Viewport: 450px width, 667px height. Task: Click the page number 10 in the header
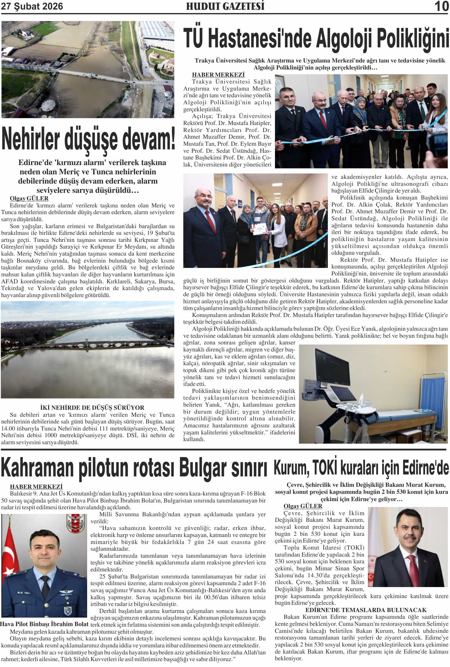pyautogui.click(x=441, y=6)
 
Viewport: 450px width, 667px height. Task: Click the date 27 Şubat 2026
pyautogui.click(x=32, y=6)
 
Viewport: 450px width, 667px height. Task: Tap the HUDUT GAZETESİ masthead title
pyautogui.click(x=225, y=6)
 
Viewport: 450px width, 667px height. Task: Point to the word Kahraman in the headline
pyautogui.click(x=37, y=468)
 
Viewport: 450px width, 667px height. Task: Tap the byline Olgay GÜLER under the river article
pyautogui.click(x=29, y=198)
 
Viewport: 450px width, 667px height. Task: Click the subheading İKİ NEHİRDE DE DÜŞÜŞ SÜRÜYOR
pyautogui.click(x=92, y=407)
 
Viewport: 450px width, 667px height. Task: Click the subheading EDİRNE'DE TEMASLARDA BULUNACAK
pyautogui.click(x=366, y=610)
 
